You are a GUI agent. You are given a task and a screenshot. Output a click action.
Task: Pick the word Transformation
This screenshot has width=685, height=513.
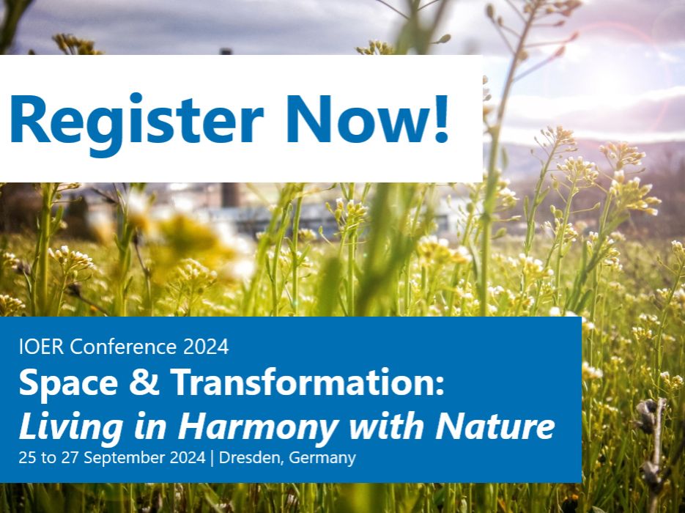[x=293, y=384]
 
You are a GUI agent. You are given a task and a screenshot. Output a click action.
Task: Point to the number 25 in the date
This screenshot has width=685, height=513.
[x=26, y=459]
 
